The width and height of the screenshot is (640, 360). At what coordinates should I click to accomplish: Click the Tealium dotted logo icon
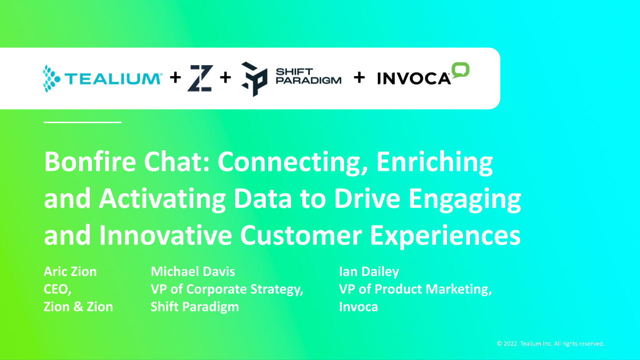pyautogui.click(x=52, y=79)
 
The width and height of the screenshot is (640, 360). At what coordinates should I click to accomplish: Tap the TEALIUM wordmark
pyautogui.click(x=114, y=79)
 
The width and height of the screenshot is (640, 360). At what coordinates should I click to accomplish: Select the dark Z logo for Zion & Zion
pyautogui.click(x=200, y=78)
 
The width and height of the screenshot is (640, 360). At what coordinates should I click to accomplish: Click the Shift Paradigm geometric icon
pyautogui.click(x=254, y=79)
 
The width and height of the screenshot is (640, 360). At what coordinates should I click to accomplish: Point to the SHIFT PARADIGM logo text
pyautogui.click(x=309, y=76)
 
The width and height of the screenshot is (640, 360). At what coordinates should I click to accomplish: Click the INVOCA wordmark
pyautogui.click(x=414, y=79)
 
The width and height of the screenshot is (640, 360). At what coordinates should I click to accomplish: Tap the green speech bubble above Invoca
pyautogui.click(x=460, y=70)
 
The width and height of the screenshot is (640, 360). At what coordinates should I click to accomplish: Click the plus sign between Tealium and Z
pyautogui.click(x=176, y=78)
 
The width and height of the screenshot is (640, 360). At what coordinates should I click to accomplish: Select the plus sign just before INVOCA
pyautogui.click(x=359, y=78)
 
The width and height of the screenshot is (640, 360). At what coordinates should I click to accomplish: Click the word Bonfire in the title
pyautogui.click(x=90, y=162)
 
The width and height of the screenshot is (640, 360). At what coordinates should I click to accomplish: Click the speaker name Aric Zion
pyautogui.click(x=70, y=272)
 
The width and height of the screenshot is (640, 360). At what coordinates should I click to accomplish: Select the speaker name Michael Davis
pyautogui.click(x=193, y=272)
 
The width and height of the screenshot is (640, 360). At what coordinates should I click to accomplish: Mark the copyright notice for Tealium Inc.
pyautogui.click(x=550, y=343)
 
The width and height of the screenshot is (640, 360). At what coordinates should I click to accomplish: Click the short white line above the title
pyautogui.click(x=83, y=122)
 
